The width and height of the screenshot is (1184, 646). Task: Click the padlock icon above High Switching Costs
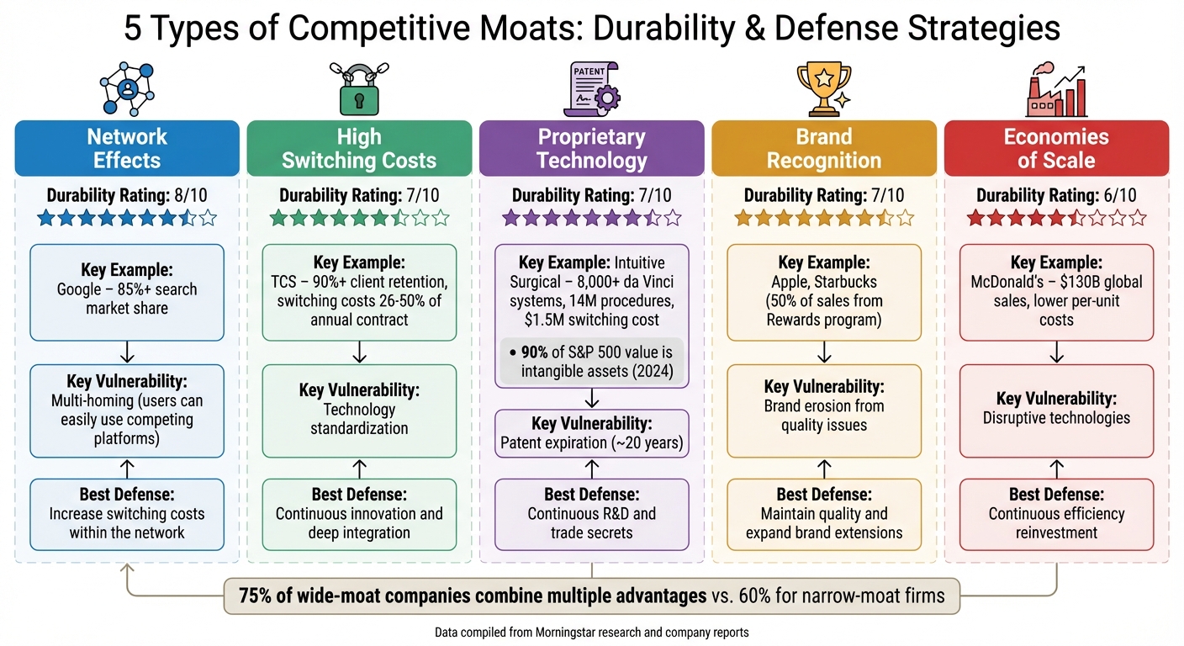359,90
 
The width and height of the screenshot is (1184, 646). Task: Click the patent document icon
590,88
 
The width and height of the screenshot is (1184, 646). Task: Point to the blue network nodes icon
126,87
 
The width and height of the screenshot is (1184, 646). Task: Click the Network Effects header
127,149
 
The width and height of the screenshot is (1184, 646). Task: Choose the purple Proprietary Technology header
591,149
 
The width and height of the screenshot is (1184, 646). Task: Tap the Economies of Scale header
1056,149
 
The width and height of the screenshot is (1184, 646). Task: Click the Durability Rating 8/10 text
127,196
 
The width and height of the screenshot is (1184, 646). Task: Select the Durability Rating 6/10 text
1056,196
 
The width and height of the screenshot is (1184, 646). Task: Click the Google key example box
127,292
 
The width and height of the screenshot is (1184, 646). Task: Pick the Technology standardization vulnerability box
359,410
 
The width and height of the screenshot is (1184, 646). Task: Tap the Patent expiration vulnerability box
591,433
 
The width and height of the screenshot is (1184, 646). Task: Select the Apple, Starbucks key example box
824,292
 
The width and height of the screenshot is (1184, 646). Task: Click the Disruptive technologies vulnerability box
1056,410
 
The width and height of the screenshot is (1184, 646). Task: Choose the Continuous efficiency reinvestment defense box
1056,514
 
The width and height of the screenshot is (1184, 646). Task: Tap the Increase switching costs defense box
127,514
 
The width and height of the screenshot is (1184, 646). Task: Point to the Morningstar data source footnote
591,632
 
